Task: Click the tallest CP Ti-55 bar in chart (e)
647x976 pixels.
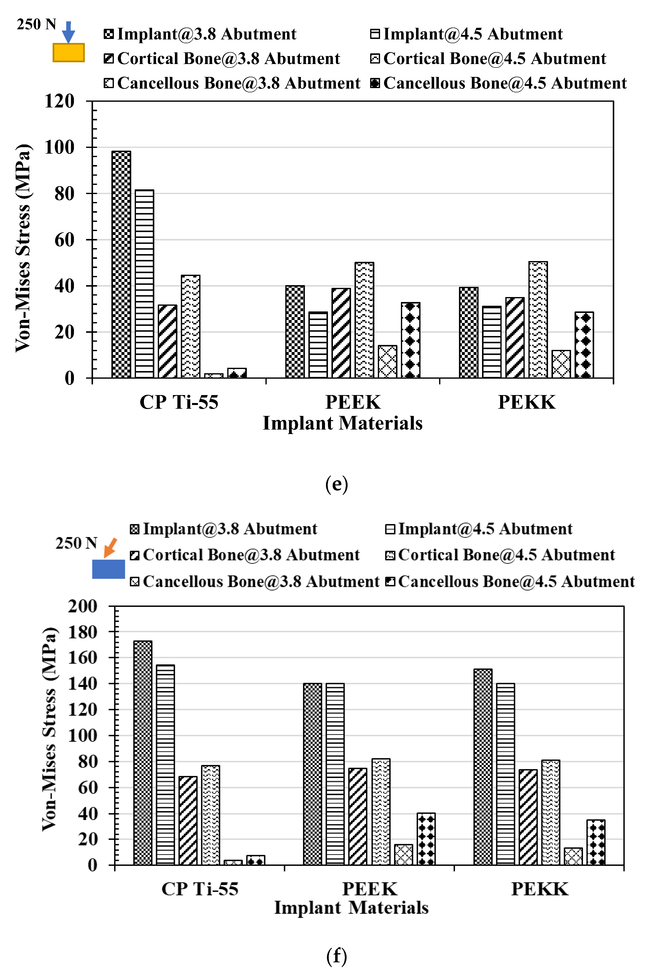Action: click(121, 264)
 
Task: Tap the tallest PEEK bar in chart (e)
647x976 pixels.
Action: click(364, 320)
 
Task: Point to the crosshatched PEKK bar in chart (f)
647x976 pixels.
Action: click(573, 856)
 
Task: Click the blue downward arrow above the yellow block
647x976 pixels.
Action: click(68, 32)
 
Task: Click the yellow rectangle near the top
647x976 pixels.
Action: click(68, 53)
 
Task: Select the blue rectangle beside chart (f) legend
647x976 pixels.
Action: click(108, 569)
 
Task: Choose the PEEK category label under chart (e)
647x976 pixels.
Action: click(353, 402)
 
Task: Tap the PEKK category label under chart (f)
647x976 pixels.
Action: click(540, 889)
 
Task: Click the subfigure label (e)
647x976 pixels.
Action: click(336, 484)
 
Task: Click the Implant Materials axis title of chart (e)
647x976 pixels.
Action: click(343, 423)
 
